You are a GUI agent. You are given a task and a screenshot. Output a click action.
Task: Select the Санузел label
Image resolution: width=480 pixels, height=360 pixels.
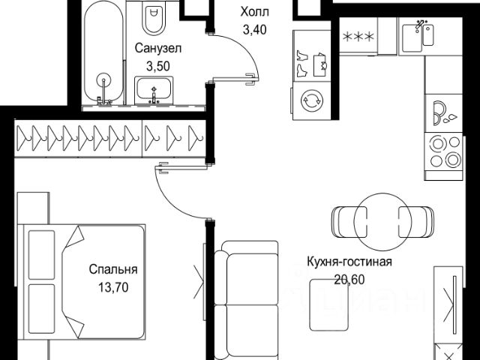[158, 49]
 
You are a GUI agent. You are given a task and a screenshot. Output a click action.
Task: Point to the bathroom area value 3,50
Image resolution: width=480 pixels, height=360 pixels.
[158, 66]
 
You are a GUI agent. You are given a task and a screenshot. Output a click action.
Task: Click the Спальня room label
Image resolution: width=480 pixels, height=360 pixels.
[113, 269]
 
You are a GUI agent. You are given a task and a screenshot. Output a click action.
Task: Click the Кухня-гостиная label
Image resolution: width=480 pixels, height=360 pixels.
[350, 262]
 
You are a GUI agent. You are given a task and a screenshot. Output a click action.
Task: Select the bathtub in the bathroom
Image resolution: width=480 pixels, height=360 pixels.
[103, 52]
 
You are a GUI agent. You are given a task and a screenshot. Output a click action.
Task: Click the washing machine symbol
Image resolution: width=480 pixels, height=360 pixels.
[309, 99]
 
